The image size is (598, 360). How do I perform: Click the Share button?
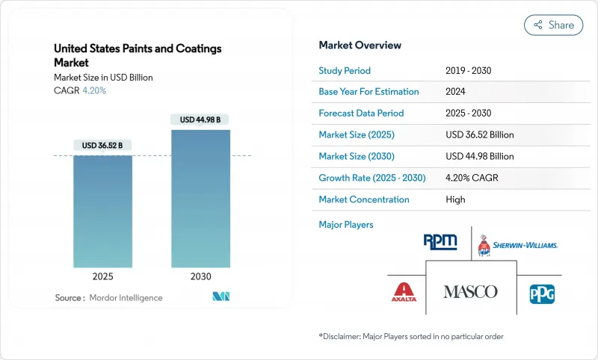pyautogui.click(x=553, y=25)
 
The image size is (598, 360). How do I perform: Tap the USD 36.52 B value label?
pyautogui.click(x=102, y=145)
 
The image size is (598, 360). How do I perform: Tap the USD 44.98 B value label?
pyautogui.click(x=200, y=120)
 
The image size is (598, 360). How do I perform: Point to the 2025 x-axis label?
pyautogui.click(x=102, y=276)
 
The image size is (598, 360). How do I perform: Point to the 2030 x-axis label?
pyautogui.click(x=200, y=276)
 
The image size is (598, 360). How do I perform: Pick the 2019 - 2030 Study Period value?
pyautogui.click(x=466, y=70)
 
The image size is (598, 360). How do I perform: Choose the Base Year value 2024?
pyautogui.click(x=455, y=92)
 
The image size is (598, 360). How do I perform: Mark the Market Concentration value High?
pyautogui.click(x=455, y=199)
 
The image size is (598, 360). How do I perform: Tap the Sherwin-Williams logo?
pyautogui.click(x=518, y=243)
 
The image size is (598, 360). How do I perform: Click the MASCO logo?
pyautogui.click(x=470, y=291)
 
